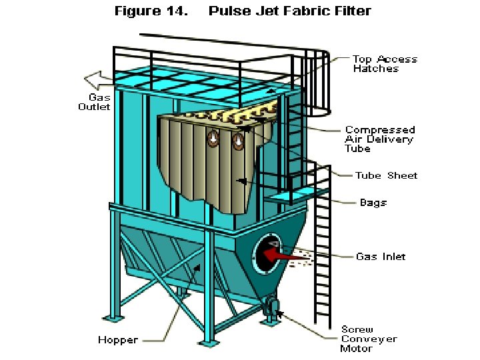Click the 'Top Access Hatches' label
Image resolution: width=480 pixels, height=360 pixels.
point(385,63)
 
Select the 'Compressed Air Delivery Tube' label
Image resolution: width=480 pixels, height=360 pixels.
point(380,139)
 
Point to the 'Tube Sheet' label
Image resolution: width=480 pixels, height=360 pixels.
point(387,175)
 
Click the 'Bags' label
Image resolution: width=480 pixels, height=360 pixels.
point(373,202)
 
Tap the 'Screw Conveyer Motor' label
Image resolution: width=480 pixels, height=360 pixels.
point(368,339)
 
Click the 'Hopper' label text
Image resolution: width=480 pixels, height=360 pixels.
point(118,340)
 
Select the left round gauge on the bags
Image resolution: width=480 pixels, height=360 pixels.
point(213,139)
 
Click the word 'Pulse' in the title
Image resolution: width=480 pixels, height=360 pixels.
point(231,11)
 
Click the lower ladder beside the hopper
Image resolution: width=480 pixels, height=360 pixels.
point(321,267)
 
